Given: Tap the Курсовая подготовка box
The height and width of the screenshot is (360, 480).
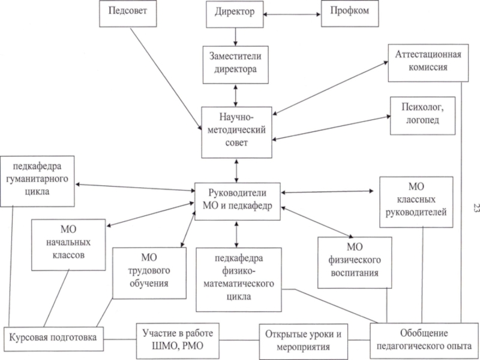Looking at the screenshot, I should coord(53,337).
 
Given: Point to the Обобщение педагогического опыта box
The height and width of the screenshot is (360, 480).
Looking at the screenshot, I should coord(424,340).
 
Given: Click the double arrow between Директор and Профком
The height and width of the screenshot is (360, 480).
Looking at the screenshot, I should coord(291,12).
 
